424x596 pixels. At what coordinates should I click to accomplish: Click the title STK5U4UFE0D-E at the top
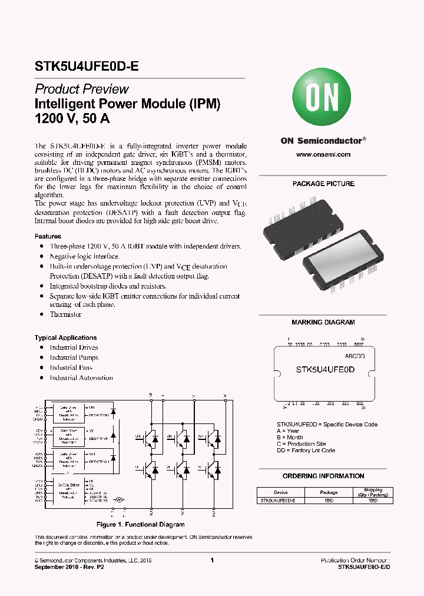(x=87, y=67)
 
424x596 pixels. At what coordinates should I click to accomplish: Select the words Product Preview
(x=82, y=90)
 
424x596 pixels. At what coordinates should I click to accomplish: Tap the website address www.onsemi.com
(x=323, y=154)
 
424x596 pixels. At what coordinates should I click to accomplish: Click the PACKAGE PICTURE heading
(x=323, y=184)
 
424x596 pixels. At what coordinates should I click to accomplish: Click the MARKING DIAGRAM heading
(x=323, y=322)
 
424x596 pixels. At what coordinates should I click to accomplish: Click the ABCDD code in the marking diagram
(x=355, y=357)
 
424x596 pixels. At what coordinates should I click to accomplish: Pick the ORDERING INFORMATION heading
(x=323, y=476)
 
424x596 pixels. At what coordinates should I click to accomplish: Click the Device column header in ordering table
(x=281, y=492)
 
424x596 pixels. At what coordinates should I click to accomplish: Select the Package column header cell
(x=329, y=492)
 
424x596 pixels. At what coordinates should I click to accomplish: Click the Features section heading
(x=48, y=236)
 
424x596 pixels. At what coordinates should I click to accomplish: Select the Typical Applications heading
(x=65, y=337)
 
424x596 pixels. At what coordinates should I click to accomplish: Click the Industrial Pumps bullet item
(x=74, y=357)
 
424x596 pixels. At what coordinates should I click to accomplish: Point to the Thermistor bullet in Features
(x=65, y=314)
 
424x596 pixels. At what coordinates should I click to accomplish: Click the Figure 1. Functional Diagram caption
(x=140, y=524)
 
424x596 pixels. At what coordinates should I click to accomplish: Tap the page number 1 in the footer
(x=211, y=561)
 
